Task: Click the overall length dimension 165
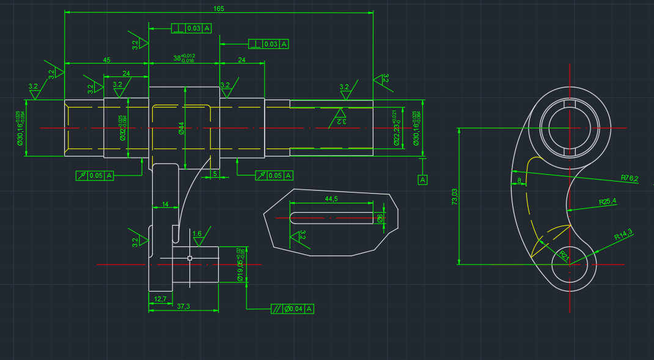pyautogui.click(x=218, y=9)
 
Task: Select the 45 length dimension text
pyautogui.click(x=106, y=60)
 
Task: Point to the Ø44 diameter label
pyautogui.click(x=182, y=128)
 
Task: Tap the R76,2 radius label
pyautogui.click(x=629, y=178)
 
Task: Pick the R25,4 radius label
pyautogui.click(x=608, y=201)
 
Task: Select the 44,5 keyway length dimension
pyautogui.click(x=332, y=199)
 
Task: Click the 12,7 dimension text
pyautogui.click(x=160, y=299)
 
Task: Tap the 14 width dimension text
pyautogui.click(x=164, y=204)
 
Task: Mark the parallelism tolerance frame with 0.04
pyautogui.click(x=293, y=309)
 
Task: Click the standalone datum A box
pyautogui.click(x=422, y=180)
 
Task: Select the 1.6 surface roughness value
pyautogui.click(x=197, y=233)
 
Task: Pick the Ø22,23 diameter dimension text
pyautogui.click(x=397, y=128)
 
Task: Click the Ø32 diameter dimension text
pyautogui.click(x=122, y=128)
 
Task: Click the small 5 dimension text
pyautogui.click(x=215, y=174)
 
